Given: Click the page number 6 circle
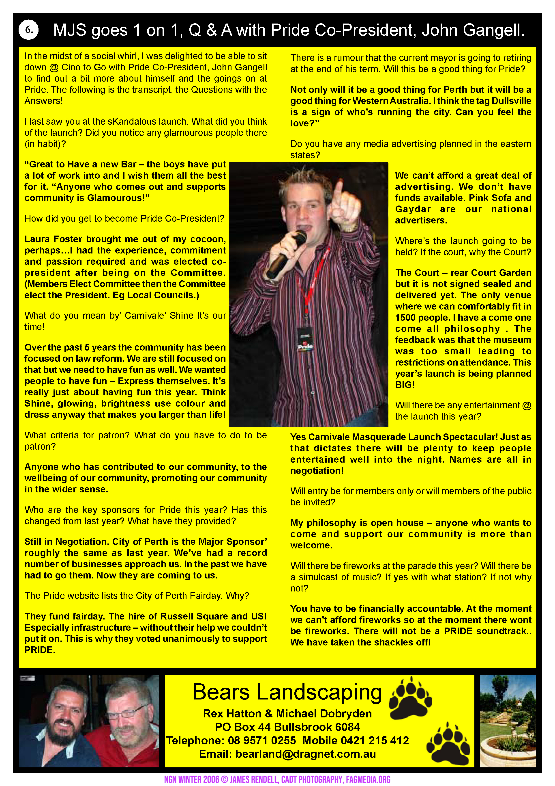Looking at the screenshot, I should [29, 30].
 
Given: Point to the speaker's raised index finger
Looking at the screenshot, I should [339, 192].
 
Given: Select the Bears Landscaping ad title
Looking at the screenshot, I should [287, 692].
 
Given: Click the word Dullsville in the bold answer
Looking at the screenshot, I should [511, 101].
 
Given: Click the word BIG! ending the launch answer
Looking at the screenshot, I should [405, 385].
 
